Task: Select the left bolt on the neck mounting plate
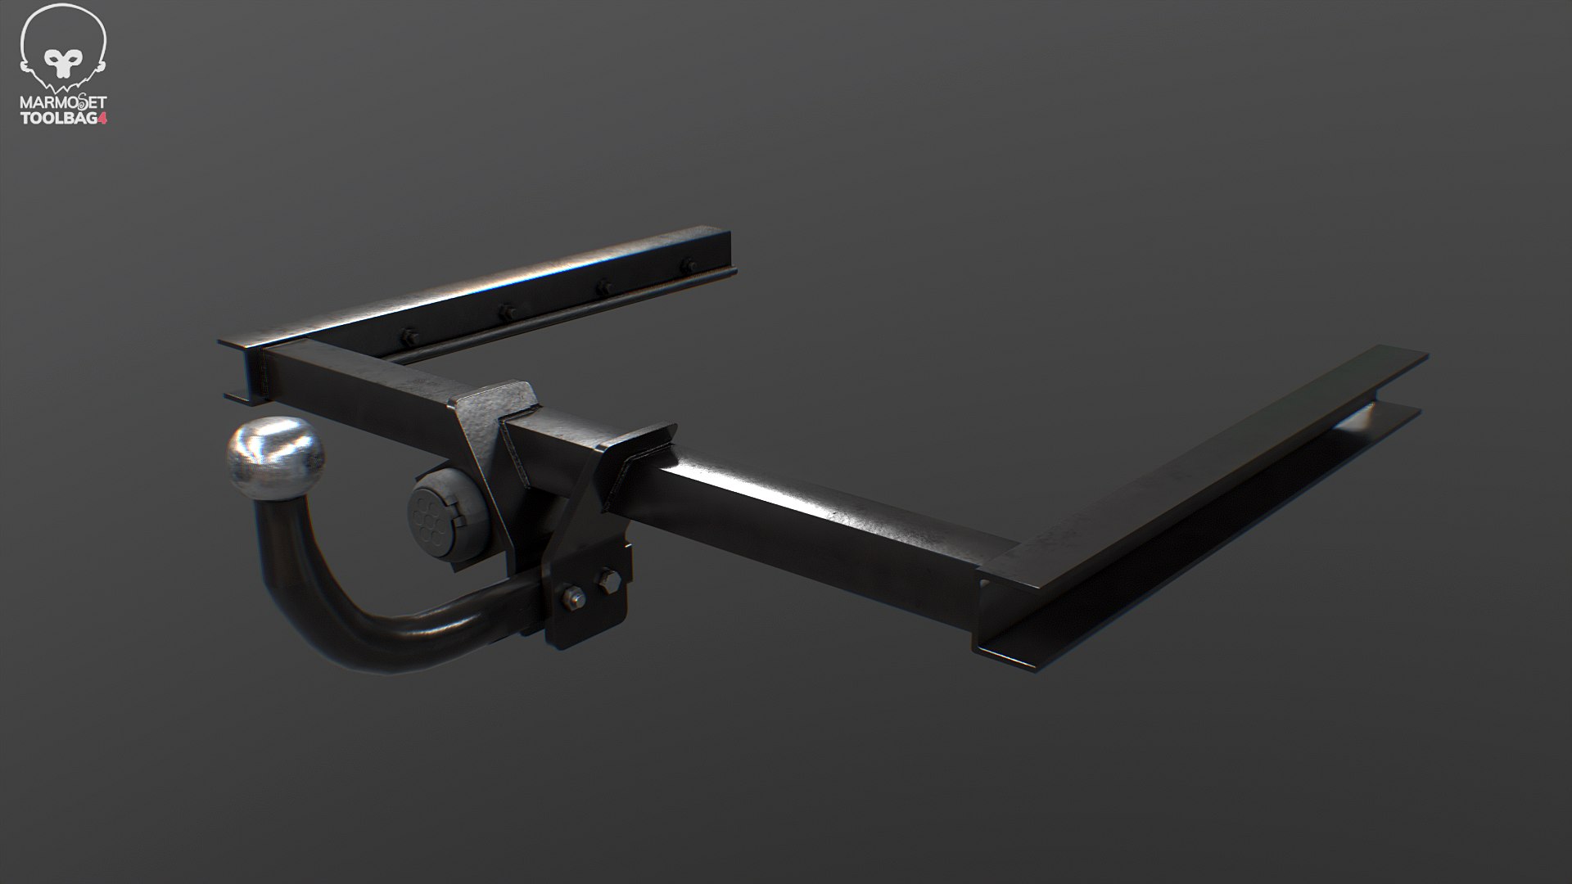click(x=571, y=598)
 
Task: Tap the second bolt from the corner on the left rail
click(x=505, y=312)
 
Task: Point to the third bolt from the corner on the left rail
click(x=603, y=287)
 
